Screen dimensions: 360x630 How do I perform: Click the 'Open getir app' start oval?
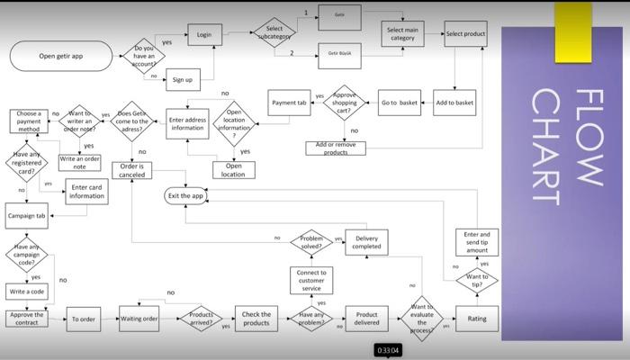click(x=60, y=56)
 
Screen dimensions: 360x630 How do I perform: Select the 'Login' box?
click(x=204, y=35)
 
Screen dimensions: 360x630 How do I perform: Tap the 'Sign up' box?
click(x=183, y=80)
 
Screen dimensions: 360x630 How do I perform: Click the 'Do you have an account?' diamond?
click(x=144, y=56)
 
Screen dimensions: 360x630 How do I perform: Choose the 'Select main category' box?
click(x=402, y=34)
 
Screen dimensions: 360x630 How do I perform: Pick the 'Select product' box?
click(x=465, y=34)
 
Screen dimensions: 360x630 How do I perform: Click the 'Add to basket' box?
click(x=454, y=103)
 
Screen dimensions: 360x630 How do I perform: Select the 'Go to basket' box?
click(x=399, y=103)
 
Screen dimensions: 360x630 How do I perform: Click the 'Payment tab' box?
click(x=290, y=103)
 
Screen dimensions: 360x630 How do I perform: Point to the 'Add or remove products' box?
click(x=336, y=148)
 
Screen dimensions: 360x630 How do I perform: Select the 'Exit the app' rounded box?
click(x=185, y=195)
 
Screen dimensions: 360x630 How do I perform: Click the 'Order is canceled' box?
click(x=131, y=170)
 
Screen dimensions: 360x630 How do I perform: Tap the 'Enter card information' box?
click(x=87, y=191)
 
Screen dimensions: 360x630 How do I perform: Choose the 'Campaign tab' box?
click(x=27, y=217)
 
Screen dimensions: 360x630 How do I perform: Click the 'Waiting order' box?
click(x=139, y=318)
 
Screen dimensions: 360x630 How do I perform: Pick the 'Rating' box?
click(x=477, y=318)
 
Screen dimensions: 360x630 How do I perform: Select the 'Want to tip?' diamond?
click(x=477, y=281)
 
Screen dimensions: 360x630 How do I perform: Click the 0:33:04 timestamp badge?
click(x=388, y=349)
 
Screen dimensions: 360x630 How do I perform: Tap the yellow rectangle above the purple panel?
click(x=573, y=20)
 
